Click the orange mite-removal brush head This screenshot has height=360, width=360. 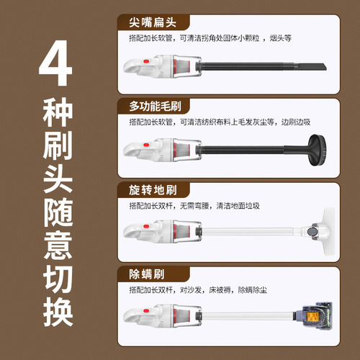coord(312,315)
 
